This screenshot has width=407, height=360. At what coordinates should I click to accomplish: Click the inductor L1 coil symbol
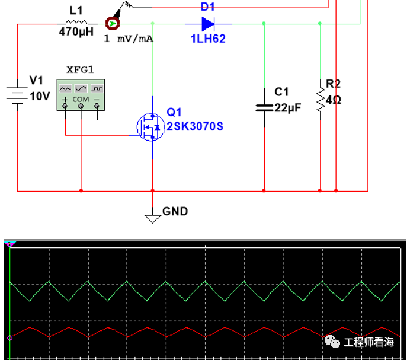[76, 22]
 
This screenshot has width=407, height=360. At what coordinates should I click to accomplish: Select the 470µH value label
[76, 32]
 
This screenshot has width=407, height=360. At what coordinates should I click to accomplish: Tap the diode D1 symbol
[208, 24]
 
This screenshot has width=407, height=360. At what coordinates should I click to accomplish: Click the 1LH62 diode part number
[208, 39]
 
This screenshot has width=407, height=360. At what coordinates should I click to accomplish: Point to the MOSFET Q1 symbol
[151, 127]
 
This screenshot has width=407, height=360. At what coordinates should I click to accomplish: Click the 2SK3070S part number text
[195, 126]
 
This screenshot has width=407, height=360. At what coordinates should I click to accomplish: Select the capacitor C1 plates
[264, 108]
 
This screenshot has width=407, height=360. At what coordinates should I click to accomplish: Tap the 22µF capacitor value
[287, 108]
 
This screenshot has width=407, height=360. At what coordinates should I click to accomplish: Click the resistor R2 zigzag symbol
[321, 100]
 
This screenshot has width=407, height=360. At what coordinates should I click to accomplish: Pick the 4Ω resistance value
[334, 100]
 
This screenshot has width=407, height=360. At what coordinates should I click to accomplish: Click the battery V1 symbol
[17, 95]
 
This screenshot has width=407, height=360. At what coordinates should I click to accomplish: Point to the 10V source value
[40, 97]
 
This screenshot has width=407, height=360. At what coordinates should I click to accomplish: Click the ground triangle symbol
[153, 219]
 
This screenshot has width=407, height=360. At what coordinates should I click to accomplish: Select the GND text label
[175, 211]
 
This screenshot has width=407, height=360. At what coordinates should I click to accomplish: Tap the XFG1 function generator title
[80, 69]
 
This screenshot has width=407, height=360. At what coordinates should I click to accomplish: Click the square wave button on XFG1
[97, 88]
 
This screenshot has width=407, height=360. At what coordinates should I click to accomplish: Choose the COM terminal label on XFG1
[81, 99]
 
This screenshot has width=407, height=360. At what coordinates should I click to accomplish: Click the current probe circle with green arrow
[113, 24]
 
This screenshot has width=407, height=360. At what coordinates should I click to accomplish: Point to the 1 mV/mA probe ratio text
[129, 39]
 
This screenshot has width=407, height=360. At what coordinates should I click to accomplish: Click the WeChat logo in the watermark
[332, 342]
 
